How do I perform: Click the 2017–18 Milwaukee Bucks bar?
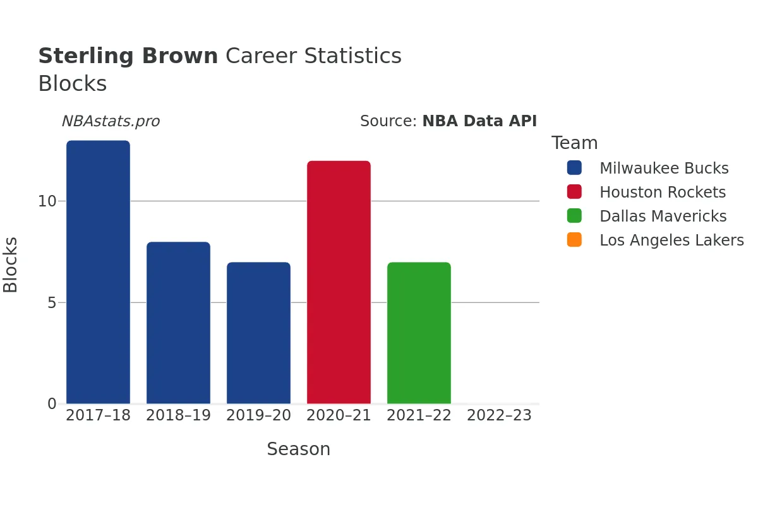(x=98, y=272)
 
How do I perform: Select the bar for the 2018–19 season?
(x=178, y=323)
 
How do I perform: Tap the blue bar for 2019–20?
(x=258, y=333)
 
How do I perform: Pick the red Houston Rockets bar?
(x=339, y=282)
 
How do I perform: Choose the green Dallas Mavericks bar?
(x=419, y=333)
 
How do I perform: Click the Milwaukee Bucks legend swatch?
(x=574, y=169)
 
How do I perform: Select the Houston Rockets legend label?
(x=663, y=193)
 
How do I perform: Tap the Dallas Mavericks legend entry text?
(x=663, y=217)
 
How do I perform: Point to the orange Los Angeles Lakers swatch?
(x=574, y=241)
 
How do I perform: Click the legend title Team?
(x=574, y=143)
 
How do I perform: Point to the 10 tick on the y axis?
(x=47, y=201)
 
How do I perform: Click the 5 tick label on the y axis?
(x=52, y=302)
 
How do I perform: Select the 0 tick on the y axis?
(x=52, y=403)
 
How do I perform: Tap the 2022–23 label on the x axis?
(x=499, y=416)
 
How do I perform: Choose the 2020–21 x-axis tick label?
(x=339, y=416)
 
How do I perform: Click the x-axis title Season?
(x=299, y=449)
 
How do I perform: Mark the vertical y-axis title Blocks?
(x=11, y=264)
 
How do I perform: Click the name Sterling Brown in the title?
(x=128, y=56)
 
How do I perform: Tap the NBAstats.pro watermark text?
(x=111, y=121)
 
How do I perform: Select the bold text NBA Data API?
(x=479, y=121)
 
